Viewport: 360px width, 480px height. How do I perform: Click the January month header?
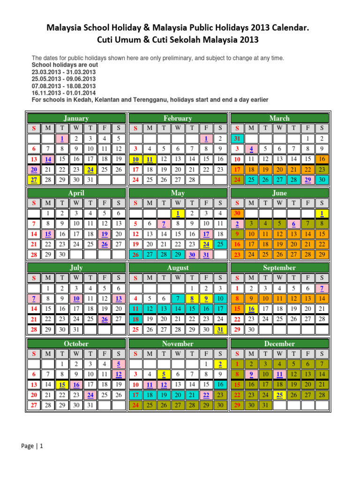[x=76, y=119]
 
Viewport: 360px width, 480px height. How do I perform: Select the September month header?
[x=279, y=268]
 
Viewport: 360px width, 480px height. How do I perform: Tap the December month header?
[x=279, y=344]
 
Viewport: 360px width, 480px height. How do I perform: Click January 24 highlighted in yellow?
[x=90, y=169]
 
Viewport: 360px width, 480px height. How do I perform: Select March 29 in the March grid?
[x=307, y=179]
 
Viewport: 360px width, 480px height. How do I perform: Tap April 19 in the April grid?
[x=104, y=234]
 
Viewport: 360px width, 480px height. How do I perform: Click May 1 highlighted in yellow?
[x=178, y=213]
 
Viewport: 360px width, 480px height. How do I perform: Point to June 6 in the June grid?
[x=293, y=224]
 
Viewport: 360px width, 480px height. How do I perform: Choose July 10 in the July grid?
[x=76, y=299]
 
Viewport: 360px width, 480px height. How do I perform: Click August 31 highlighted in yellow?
[x=220, y=330]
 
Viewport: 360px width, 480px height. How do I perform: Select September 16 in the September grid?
[x=251, y=309]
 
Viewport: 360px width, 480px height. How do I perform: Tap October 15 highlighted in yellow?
[x=62, y=384]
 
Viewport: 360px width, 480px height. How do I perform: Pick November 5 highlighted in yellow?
[x=164, y=374]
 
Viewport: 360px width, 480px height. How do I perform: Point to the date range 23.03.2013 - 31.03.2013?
[x=64, y=72]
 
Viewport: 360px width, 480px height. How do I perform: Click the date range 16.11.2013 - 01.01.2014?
[x=64, y=93]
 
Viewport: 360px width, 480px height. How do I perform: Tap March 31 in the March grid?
[x=237, y=139]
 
